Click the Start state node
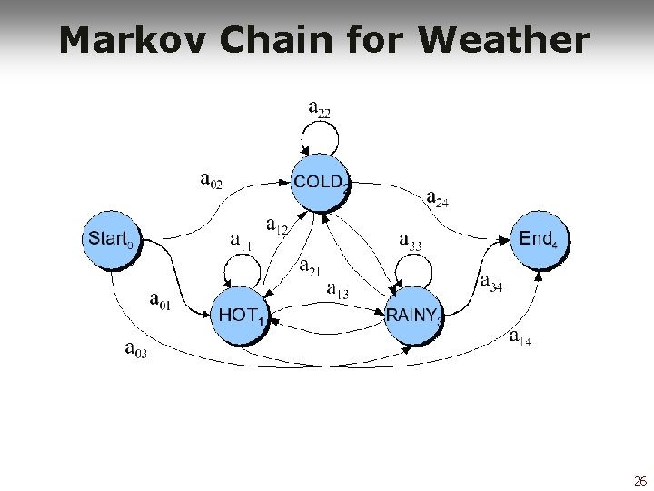[111, 240]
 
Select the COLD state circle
[319, 183]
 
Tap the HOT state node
[241, 316]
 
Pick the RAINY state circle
[414, 316]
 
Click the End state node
[536, 240]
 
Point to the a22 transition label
[320, 109]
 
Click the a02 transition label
[211, 179]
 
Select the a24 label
[437, 198]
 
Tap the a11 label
[242, 242]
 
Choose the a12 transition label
[276, 224]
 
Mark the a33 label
[411, 241]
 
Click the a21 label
[311, 267]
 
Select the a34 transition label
[491, 283]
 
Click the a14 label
[520, 339]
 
